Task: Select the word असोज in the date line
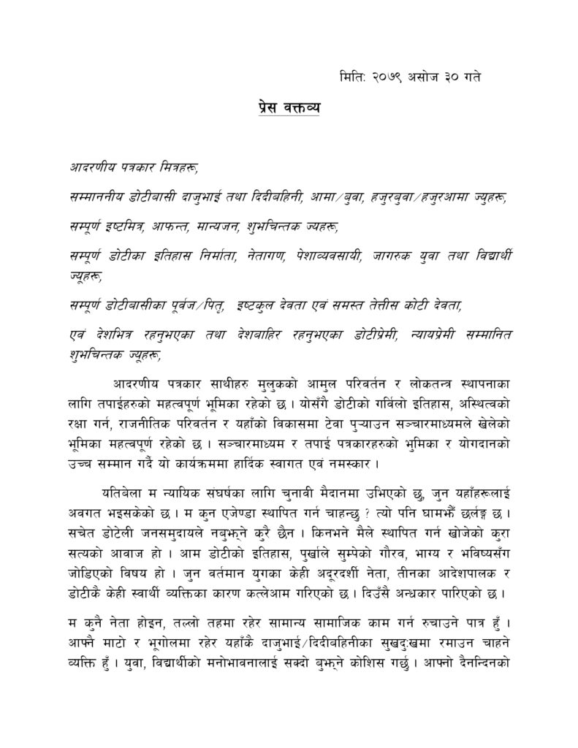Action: pos(436,76)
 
